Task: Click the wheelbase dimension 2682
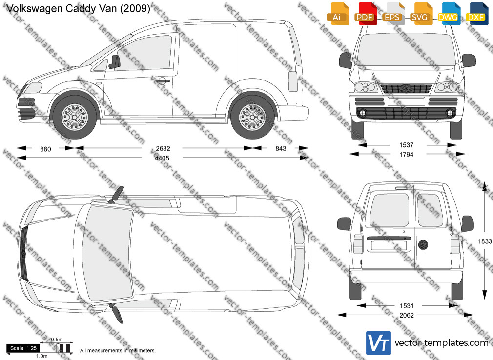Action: [163, 149]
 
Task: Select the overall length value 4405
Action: [162, 158]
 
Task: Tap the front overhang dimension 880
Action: [45, 149]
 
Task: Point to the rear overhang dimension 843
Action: [281, 149]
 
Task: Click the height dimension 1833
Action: [485, 241]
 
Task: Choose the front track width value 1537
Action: [406, 145]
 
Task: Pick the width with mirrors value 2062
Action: [407, 315]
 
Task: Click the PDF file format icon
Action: [365, 14]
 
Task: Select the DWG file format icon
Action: [448, 14]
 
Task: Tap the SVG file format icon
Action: [420, 14]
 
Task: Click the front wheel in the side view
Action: [75, 117]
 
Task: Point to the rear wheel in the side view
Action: [252, 117]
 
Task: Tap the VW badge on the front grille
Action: [406, 88]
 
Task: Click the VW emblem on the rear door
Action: [423, 245]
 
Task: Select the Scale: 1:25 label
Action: [23, 348]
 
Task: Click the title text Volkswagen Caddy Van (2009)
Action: [78, 8]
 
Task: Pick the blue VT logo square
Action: [378, 343]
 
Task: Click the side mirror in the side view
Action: [115, 61]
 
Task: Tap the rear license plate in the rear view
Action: [389, 245]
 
